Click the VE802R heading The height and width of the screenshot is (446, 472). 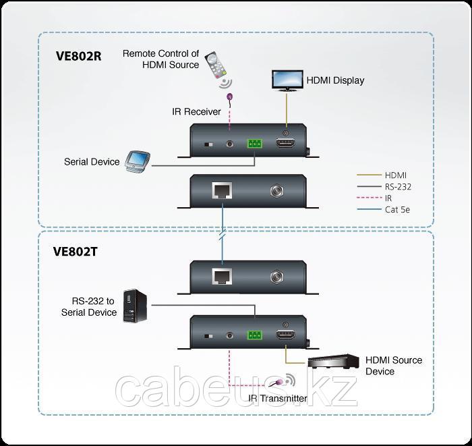click(x=78, y=55)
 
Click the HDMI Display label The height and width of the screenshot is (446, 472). click(x=335, y=80)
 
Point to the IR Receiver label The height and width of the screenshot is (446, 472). click(x=196, y=111)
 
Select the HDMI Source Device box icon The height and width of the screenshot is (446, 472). click(x=332, y=362)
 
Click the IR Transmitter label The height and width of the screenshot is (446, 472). click(x=277, y=398)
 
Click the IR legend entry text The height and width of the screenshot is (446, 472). click(x=388, y=198)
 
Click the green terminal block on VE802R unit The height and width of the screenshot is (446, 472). click(x=256, y=144)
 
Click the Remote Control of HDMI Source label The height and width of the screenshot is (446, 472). click(x=160, y=59)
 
